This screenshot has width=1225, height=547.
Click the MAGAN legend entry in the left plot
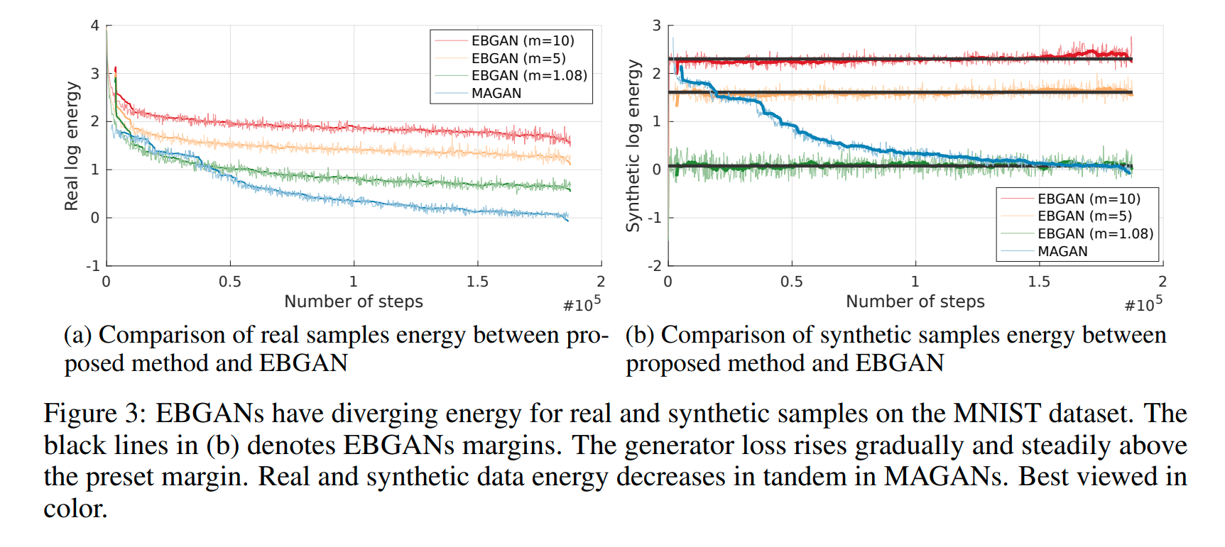(x=496, y=93)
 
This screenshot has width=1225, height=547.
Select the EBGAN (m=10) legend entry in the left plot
(x=522, y=40)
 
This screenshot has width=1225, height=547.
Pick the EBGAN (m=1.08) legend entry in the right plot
(x=1094, y=233)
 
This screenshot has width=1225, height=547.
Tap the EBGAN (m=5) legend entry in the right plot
(x=1084, y=216)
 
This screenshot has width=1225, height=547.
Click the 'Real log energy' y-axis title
(x=71, y=145)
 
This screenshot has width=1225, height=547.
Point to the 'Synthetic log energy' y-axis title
(x=633, y=145)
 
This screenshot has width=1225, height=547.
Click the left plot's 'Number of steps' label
(x=353, y=302)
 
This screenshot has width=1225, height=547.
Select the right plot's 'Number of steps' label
(x=915, y=302)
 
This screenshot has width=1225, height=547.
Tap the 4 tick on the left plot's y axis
(x=94, y=26)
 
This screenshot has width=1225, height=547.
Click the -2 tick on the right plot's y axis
(x=653, y=265)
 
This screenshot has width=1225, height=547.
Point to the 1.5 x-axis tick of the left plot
(x=477, y=282)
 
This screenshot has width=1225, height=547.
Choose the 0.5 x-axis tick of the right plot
(x=791, y=282)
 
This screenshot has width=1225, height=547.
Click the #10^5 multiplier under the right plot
(x=1143, y=304)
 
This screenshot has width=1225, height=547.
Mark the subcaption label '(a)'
(x=77, y=335)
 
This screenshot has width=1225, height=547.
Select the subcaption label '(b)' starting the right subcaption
(x=639, y=335)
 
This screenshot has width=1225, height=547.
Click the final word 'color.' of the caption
(x=75, y=508)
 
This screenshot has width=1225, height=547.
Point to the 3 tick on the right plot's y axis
(x=656, y=26)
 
